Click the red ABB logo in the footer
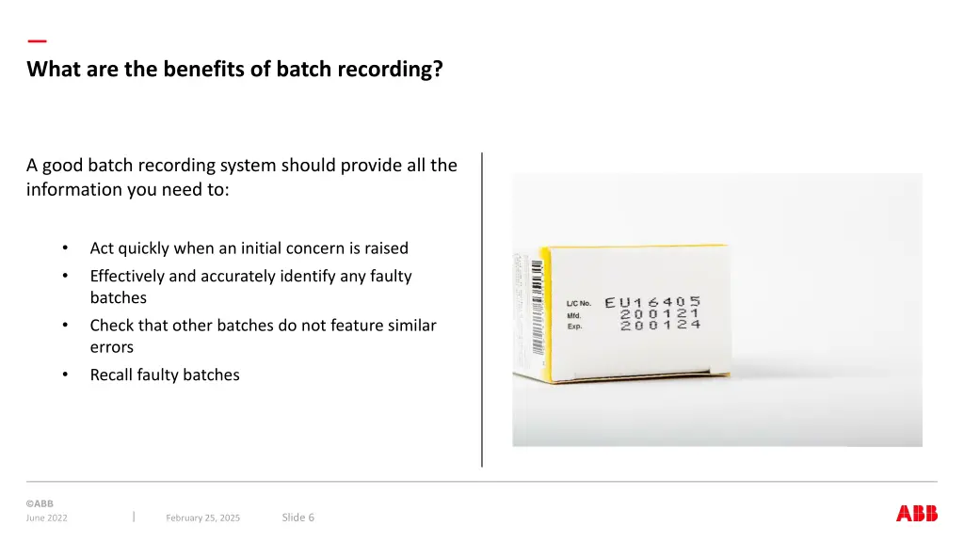click(916, 514)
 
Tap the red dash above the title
click(37, 41)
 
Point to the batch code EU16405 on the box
click(652, 302)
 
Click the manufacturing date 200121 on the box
click(660, 314)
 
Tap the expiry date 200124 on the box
click(660, 326)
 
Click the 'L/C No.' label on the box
click(579, 303)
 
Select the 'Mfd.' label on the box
click(574, 315)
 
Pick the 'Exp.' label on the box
click(574, 327)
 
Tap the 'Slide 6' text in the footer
click(298, 518)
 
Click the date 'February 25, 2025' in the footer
click(202, 518)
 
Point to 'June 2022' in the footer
click(47, 518)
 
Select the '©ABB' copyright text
click(40, 503)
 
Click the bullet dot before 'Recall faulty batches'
click(65, 375)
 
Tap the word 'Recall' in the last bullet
click(111, 375)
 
